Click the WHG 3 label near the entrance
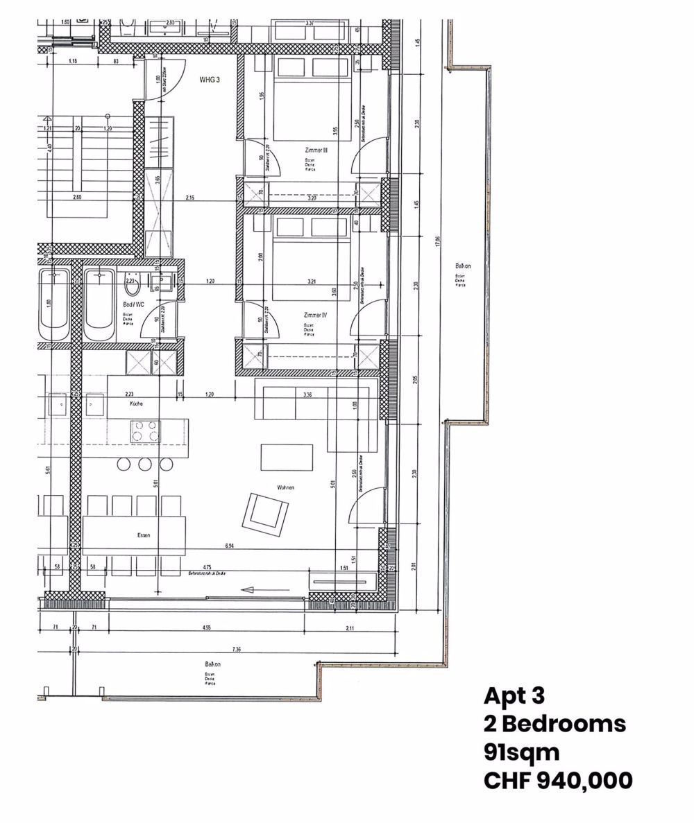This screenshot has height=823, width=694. [x=210, y=80]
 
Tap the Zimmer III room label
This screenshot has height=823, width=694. [x=315, y=150]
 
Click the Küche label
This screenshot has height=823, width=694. [x=135, y=403]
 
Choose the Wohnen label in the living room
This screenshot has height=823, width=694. [x=285, y=487]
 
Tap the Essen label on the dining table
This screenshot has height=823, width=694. [x=144, y=535]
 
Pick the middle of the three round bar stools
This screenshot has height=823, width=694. [x=144, y=464]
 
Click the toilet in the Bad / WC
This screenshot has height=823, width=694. [x=133, y=282]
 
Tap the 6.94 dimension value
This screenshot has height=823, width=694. [x=229, y=546]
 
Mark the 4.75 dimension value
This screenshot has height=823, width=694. [x=207, y=566]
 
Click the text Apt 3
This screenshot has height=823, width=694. [x=515, y=695]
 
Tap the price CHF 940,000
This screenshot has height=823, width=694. [x=557, y=780]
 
